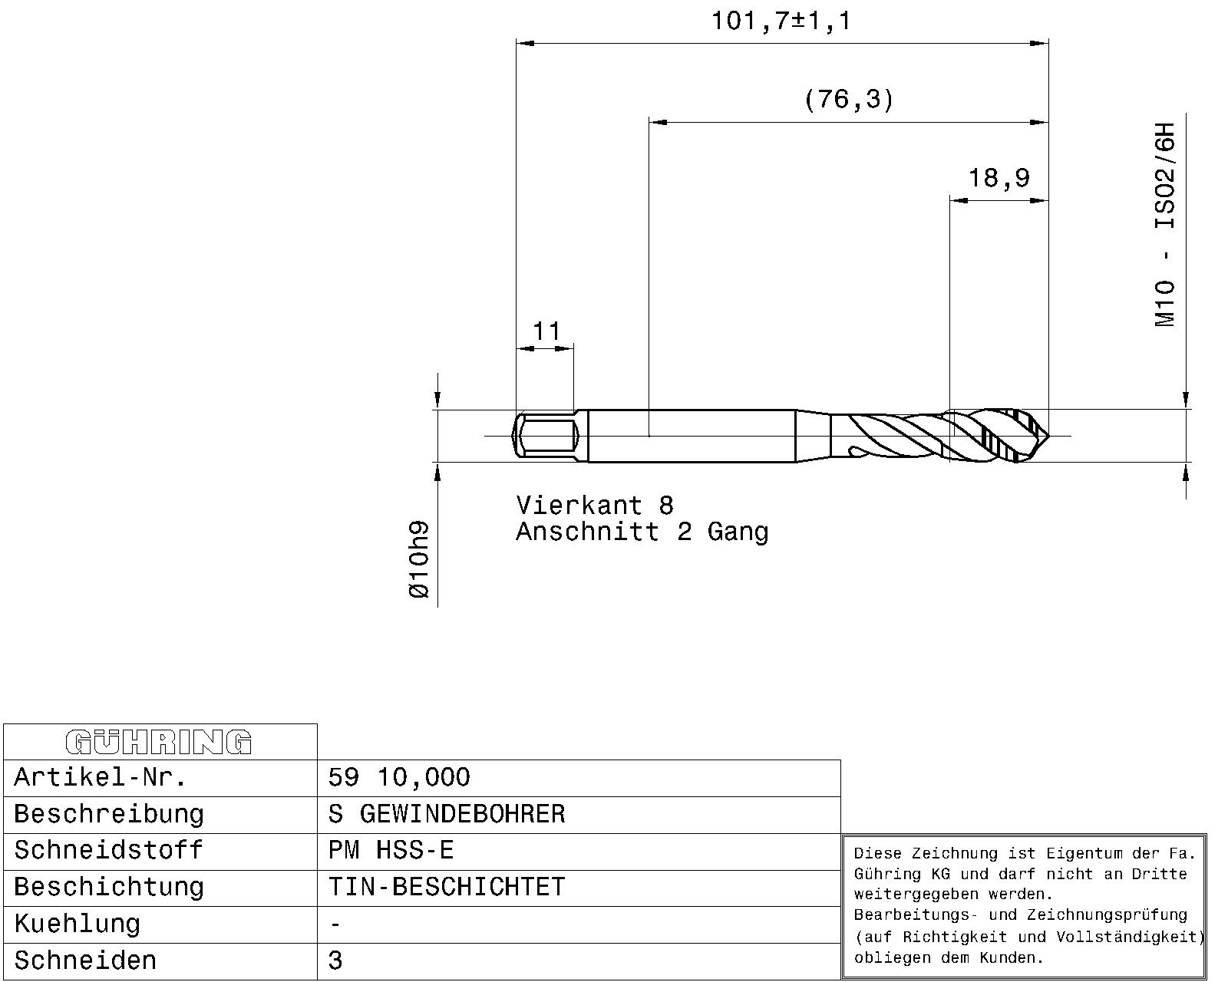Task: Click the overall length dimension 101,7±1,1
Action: (781, 21)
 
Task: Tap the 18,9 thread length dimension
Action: (999, 178)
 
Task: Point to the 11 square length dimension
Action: (546, 331)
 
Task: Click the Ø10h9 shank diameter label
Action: (419, 559)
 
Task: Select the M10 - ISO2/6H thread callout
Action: (1164, 224)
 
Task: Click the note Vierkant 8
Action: (595, 506)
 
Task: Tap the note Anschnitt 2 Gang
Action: (642, 532)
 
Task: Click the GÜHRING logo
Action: (159, 743)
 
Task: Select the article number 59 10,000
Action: (399, 778)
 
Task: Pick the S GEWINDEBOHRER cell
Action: (446, 814)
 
